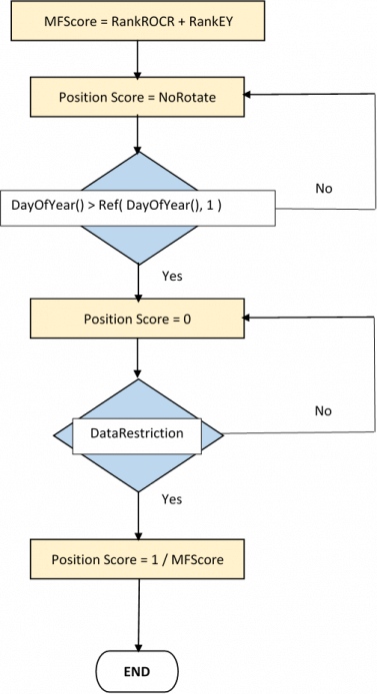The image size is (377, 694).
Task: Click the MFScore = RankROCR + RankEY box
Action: pyautogui.click(x=137, y=22)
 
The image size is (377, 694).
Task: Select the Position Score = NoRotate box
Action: pyautogui.click(x=137, y=97)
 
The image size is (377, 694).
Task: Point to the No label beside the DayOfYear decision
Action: pyautogui.click(x=324, y=188)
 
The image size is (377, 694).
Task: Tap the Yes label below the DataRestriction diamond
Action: pyautogui.click(x=172, y=498)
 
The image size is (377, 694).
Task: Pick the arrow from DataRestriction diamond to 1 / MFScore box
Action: pyautogui.click(x=137, y=509)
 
